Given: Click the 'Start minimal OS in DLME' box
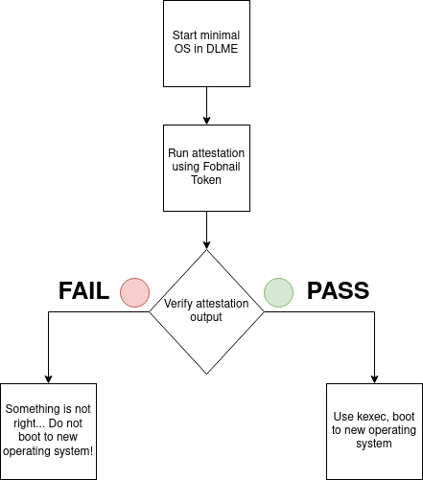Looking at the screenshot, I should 206,44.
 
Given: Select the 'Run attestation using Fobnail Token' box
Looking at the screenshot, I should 206,169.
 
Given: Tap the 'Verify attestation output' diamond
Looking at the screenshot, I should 207,310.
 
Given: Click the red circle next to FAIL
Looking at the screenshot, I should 134,290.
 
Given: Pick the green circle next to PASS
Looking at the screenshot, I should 279,290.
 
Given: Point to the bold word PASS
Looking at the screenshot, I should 338,290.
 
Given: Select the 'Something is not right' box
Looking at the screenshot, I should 48,423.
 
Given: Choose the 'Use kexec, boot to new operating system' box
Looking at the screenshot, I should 374,423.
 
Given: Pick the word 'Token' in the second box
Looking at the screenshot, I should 206,182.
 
